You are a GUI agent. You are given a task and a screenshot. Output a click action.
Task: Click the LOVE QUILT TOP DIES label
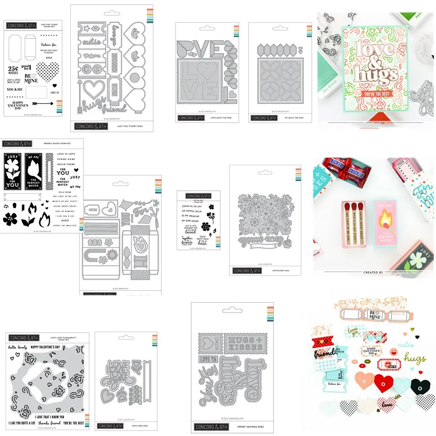pyautogui.click(x=221, y=118)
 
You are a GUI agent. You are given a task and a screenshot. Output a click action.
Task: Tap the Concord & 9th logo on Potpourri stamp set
pyautogui.click(x=199, y=196)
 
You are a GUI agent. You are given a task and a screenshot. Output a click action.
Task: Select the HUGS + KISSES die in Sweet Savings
pyautogui.click(x=245, y=343)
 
